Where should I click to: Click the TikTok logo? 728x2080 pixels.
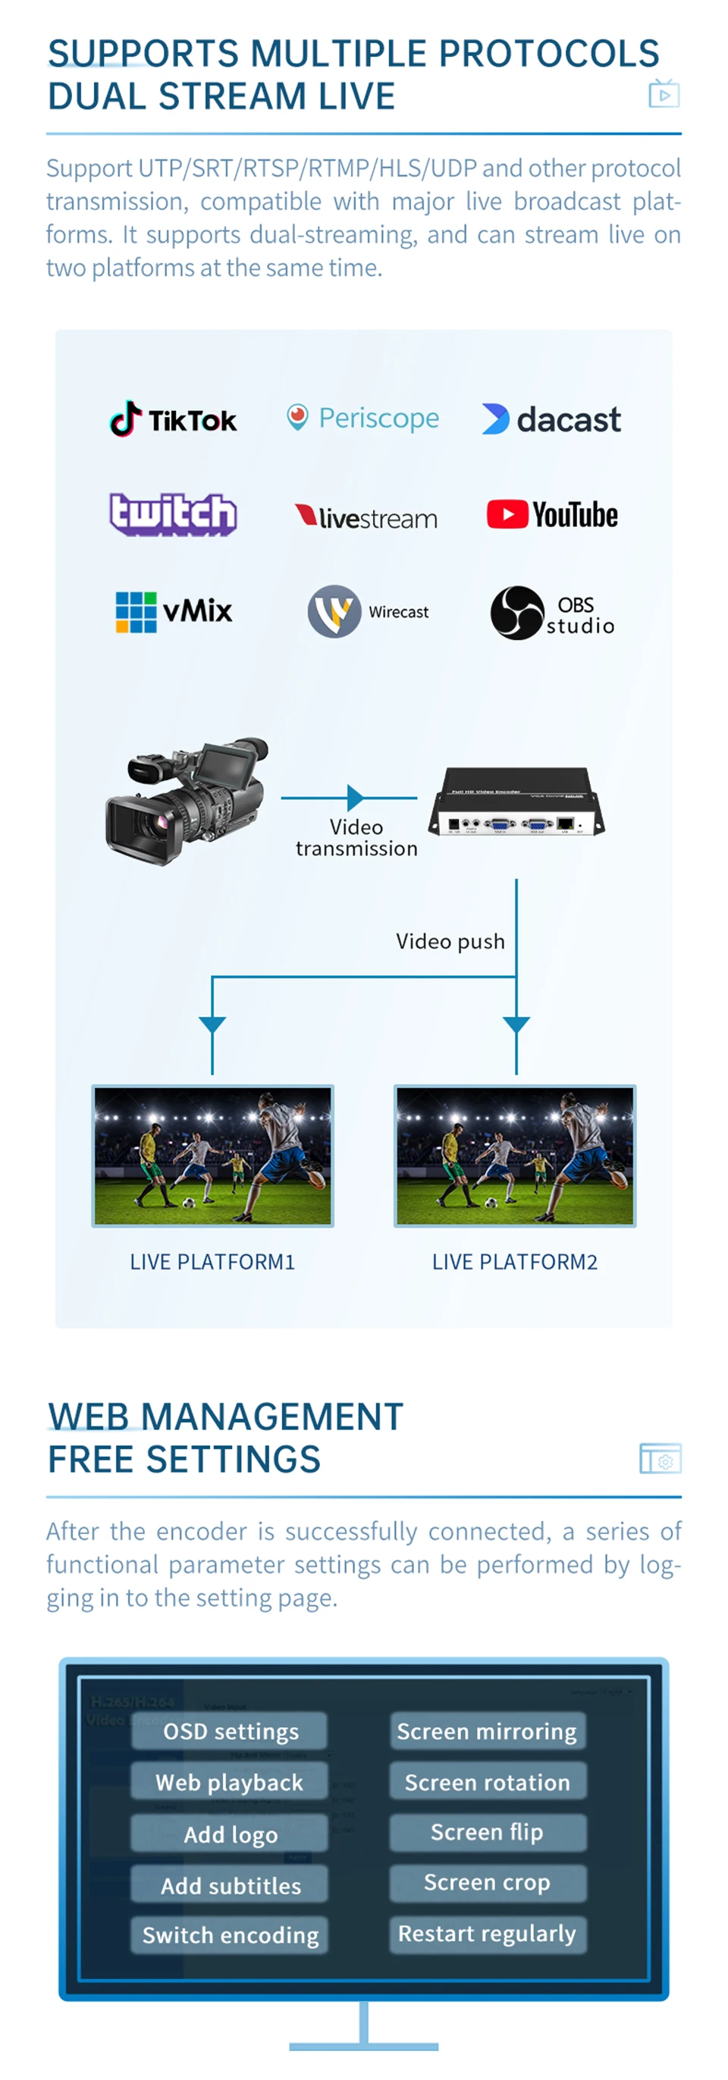[173, 419]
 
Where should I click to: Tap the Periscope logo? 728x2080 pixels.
[363, 418]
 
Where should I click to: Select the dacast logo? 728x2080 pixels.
[551, 419]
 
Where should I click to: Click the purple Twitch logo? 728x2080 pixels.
[173, 513]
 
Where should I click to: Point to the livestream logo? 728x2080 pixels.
[366, 516]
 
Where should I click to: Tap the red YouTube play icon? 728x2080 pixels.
[507, 514]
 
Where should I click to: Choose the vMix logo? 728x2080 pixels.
[174, 611]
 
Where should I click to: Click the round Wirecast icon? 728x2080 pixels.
[334, 611]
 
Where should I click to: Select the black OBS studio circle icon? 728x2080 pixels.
[516, 613]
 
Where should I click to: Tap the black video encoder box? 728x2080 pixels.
[516, 802]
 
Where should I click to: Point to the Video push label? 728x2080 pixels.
[450, 942]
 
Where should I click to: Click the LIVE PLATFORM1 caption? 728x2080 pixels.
[212, 1261]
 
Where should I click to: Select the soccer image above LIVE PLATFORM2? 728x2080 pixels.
[515, 1156]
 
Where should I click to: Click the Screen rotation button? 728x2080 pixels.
[488, 1781]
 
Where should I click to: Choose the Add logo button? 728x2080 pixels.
[230, 1834]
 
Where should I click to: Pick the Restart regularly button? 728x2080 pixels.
[488, 1933]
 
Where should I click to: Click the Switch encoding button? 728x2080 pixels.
[230, 1934]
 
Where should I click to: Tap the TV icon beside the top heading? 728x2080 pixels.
[664, 94]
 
